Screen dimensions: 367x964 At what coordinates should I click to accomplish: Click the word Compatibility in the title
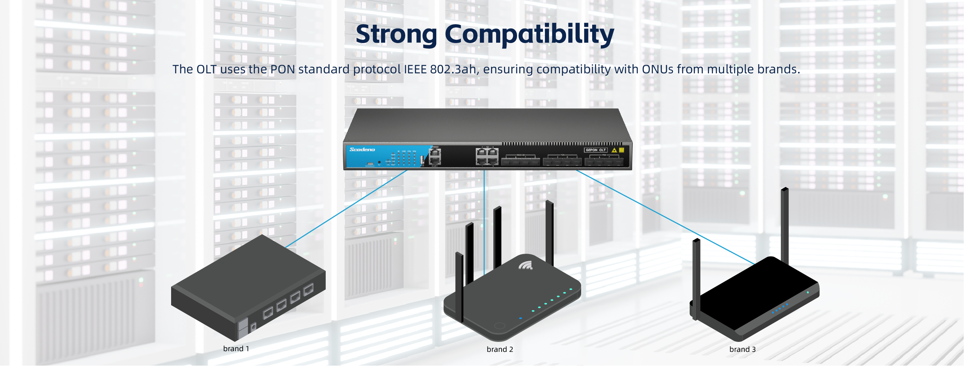529,34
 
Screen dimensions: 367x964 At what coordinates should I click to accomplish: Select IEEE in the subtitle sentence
416,69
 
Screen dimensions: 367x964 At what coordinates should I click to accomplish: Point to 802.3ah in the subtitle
453,69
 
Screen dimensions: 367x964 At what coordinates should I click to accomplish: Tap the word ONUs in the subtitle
658,69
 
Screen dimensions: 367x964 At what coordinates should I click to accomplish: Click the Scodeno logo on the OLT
362,150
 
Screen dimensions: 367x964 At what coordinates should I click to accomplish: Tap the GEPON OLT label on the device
595,150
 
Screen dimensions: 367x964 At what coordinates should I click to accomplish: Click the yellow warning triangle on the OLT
614,150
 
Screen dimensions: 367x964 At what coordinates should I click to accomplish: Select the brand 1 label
236,349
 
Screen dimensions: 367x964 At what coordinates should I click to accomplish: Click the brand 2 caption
500,349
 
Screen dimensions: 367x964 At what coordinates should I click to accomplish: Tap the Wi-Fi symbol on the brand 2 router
525,266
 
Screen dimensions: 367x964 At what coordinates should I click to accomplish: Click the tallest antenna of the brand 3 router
784,224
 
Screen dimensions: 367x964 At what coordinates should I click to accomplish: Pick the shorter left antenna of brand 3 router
696,279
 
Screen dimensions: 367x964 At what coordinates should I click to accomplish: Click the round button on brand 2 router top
499,325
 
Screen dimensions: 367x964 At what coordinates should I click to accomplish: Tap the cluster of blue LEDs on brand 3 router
780,308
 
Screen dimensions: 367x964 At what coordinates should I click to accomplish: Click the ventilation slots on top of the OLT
561,144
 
